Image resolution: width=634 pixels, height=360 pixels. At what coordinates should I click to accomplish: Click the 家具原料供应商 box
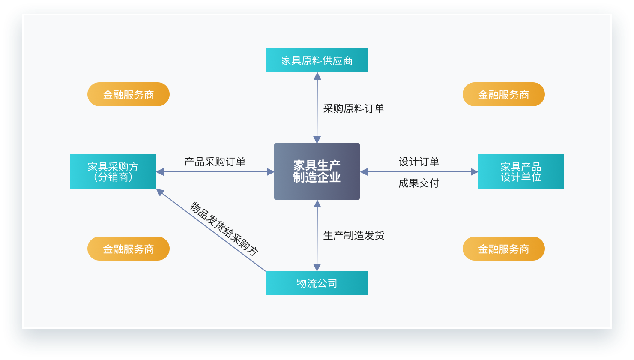tap(317, 60)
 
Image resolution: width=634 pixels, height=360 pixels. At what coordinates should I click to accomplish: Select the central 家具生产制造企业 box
tap(317, 171)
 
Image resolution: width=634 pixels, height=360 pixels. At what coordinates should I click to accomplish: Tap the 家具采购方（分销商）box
tap(113, 171)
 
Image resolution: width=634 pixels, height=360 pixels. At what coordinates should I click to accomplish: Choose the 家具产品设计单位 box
tap(520, 171)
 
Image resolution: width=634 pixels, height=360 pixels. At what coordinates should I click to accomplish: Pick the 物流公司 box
tap(317, 283)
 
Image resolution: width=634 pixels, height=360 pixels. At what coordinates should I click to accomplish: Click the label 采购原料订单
tap(353, 108)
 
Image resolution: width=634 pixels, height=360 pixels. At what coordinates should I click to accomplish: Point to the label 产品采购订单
tap(215, 162)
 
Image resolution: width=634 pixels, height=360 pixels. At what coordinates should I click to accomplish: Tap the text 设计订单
tap(419, 162)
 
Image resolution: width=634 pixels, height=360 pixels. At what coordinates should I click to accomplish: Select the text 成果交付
tap(419, 183)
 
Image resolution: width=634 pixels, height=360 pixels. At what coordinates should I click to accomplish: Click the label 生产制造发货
tap(353, 235)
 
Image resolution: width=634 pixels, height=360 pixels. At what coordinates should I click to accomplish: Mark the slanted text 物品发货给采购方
tap(224, 229)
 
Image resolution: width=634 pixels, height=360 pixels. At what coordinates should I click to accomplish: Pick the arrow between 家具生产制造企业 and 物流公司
tap(317, 253)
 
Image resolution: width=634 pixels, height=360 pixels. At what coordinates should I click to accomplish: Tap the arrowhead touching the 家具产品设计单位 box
tap(474, 172)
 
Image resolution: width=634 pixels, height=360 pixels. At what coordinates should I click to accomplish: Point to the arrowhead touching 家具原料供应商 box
tap(317, 76)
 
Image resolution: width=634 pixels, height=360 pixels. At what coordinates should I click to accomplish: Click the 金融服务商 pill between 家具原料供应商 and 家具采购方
tap(128, 94)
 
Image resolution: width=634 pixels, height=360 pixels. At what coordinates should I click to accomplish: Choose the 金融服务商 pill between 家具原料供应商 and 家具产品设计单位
tap(503, 94)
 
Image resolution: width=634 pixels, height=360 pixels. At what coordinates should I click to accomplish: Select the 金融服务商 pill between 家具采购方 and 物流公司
tap(128, 249)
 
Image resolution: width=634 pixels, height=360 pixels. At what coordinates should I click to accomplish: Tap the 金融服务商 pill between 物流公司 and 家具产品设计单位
tap(503, 249)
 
